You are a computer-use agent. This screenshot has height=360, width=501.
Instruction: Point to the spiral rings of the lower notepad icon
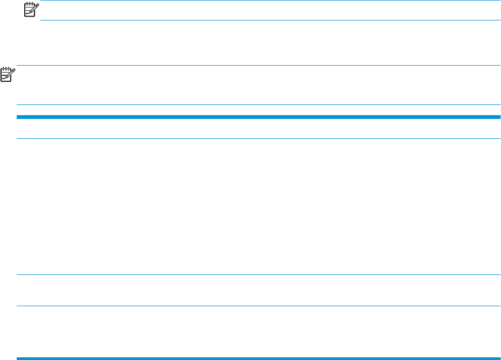click(6, 69)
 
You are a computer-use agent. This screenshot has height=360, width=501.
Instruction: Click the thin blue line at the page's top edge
click(269, 1)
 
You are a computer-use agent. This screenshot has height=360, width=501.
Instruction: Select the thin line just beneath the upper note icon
click(269, 20)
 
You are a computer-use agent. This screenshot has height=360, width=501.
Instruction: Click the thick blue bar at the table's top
click(258, 116)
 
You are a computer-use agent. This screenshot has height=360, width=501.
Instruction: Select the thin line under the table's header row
click(258, 139)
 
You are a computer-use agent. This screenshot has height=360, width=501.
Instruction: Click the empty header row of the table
click(258, 128)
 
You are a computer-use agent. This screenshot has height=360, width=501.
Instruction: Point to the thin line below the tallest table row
click(258, 276)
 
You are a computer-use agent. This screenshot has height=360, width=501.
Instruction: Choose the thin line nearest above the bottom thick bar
click(258, 307)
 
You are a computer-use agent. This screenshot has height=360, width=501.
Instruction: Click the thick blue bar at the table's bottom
click(258, 358)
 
